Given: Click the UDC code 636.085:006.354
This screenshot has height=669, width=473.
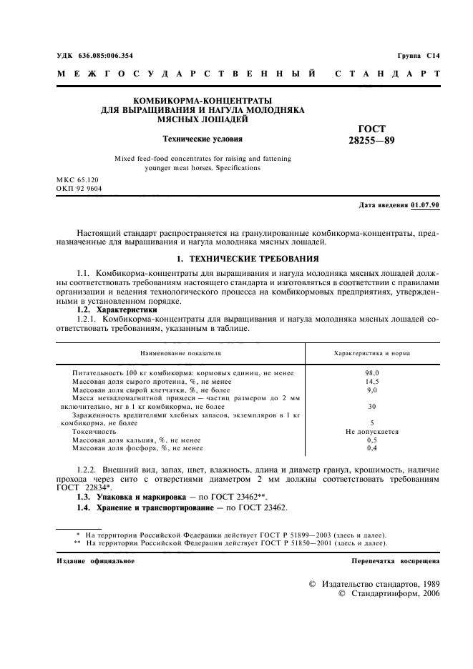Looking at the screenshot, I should coord(104,55).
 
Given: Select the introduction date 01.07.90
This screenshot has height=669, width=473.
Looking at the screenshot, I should coord(426,205).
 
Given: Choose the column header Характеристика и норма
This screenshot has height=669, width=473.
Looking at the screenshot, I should coord(372,353).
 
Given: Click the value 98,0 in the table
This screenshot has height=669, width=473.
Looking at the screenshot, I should coord(372,373).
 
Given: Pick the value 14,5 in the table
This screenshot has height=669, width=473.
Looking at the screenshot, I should coord(372,382).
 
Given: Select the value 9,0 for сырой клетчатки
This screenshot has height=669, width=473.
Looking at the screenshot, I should coord(372,390).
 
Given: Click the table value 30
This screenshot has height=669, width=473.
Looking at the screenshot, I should coord(372,407).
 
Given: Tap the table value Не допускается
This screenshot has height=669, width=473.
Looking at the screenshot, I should coord(372,432).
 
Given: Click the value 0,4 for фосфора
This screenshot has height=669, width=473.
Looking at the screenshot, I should coord(372,448).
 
